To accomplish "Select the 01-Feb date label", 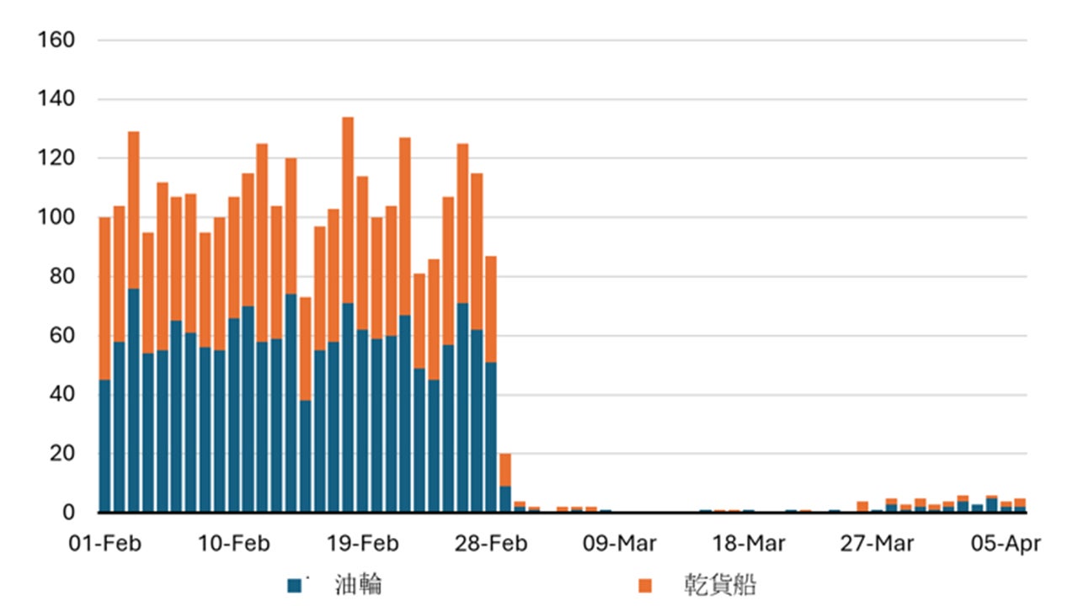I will [105, 544].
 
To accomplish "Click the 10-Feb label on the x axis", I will [234, 544].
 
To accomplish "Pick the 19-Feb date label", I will [363, 544].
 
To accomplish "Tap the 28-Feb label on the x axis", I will [492, 544].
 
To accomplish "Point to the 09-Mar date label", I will [621, 544].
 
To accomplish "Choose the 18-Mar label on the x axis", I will [750, 544].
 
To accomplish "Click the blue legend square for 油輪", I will [294, 585].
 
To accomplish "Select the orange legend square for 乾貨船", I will [645, 585].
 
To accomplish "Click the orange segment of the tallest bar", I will [348, 210].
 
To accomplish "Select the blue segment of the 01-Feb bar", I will [104, 446].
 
